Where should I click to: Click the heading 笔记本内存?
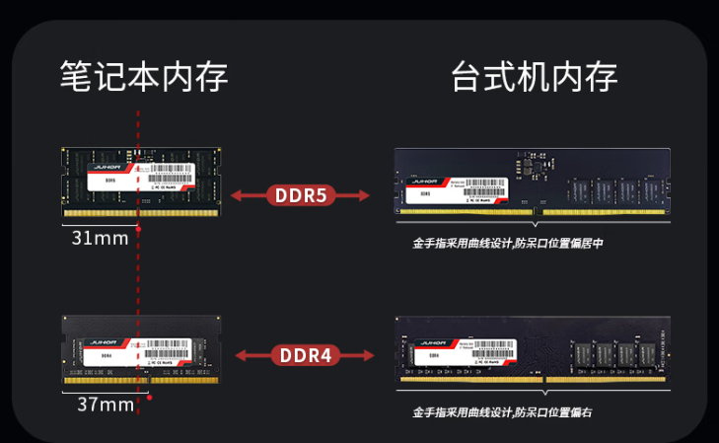[x=144, y=76]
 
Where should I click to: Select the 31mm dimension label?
[x=98, y=239]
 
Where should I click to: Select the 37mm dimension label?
[x=106, y=405]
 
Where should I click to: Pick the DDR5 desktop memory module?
[x=533, y=182]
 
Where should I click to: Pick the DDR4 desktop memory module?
[x=533, y=349]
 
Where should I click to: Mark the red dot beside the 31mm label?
[x=139, y=230]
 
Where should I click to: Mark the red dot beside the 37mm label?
[x=150, y=398]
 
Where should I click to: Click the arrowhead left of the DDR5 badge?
[x=237, y=195]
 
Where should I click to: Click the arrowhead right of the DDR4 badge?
[x=371, y=354]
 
